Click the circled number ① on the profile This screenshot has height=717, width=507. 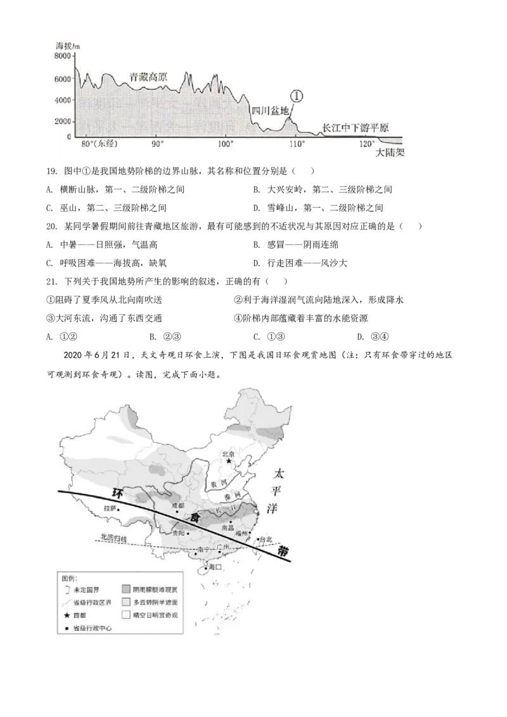point(297,96)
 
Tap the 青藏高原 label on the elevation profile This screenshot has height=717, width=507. point(148,75)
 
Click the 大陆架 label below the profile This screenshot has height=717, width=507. point(389,153)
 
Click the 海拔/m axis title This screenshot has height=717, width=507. point(67,46)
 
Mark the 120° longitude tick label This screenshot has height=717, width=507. point(366,145)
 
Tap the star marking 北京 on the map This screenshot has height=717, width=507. point(229,462)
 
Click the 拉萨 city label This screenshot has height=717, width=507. point(109,508)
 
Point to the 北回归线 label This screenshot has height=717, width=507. point(114,538)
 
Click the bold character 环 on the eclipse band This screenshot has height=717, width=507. point(116,493)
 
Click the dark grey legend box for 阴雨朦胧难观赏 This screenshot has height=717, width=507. point(125,589)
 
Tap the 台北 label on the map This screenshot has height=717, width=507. point(265,540)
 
